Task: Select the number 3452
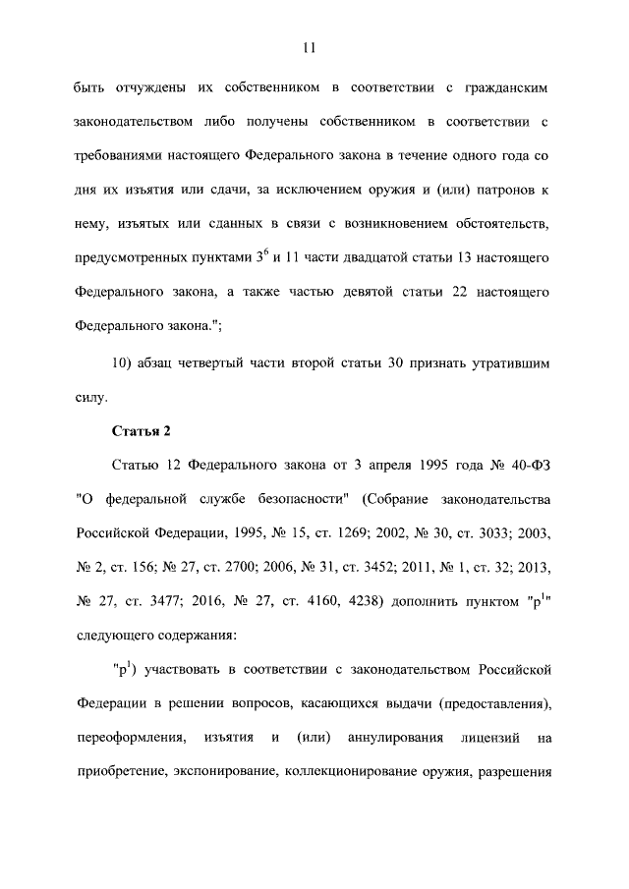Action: [x=371, y=569]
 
